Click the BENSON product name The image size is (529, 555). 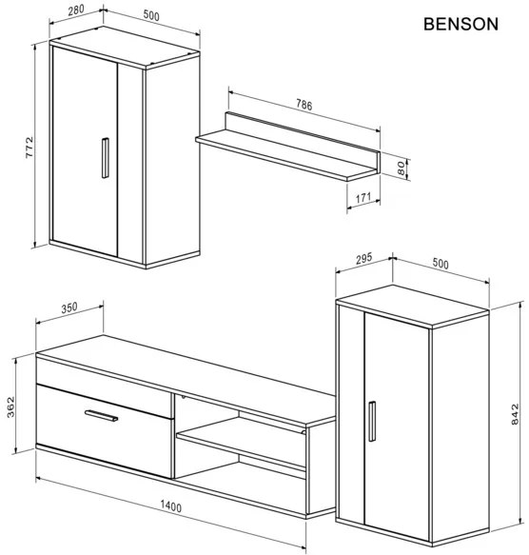tap(460, 24)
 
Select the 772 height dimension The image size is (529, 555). tap(30, 148)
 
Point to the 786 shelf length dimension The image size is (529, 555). tap(303, 105)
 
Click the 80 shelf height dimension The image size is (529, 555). tap(402, 168)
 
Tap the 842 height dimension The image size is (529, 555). tap(515, 414)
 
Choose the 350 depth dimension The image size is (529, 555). tap(68, 307)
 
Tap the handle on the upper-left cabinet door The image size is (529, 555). tap(103, 158)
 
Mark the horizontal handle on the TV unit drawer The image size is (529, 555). tap(100, 414)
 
